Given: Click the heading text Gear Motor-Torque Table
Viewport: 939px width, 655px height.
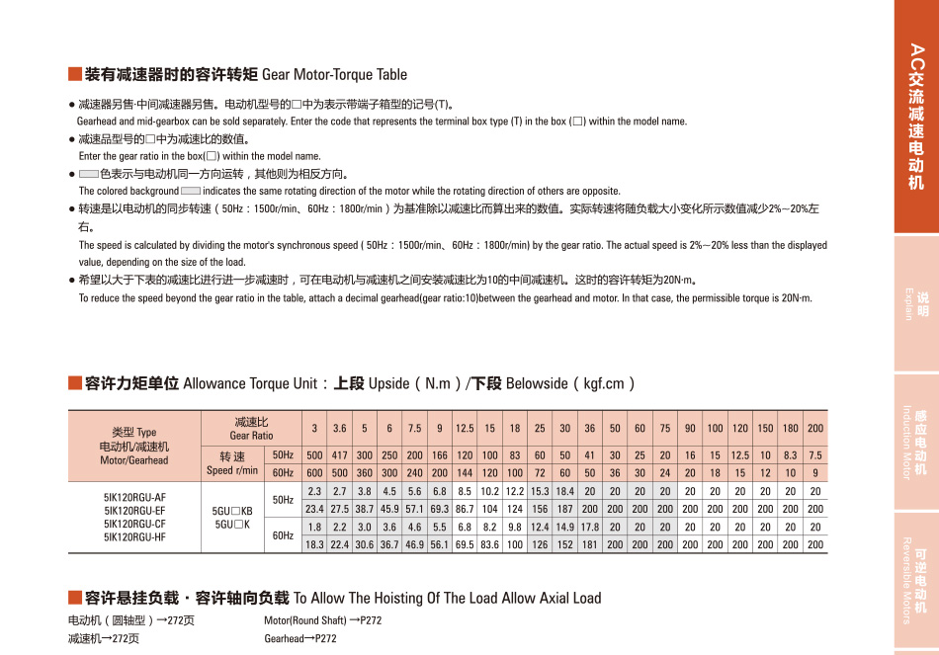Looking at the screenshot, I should [334, 75].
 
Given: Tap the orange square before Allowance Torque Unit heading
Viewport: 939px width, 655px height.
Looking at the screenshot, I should [74, 383].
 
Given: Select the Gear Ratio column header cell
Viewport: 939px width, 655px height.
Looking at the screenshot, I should [251, 429].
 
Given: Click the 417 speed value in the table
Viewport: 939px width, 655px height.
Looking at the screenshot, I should [340, 455].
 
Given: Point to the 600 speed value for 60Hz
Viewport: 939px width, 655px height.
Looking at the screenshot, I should [315, 472].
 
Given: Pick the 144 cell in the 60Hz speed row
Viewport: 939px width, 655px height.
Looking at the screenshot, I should [466, 472].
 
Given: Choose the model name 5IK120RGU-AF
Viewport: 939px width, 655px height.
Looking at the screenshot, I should [134, 497].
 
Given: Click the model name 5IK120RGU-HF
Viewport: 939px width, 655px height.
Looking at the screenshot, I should [134, 538].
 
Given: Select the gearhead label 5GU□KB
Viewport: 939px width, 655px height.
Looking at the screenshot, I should [233, 511].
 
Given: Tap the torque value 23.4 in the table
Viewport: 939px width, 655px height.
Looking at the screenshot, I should [315, 509].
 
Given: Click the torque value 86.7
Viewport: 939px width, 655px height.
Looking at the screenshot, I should [466, 509].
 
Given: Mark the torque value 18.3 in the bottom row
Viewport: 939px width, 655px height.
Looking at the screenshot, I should [315, 544].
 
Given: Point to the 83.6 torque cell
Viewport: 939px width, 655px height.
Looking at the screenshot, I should [490, 544].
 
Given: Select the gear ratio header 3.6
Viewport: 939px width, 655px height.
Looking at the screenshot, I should [340, 429].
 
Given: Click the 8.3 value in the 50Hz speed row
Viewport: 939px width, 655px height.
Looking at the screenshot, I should [791, 455].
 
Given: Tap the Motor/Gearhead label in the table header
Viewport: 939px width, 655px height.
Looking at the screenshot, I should [134, 460].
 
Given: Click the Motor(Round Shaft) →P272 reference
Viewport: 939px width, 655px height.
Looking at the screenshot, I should [322, 620].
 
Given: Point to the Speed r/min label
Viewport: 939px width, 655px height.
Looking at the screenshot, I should [232, 463].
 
